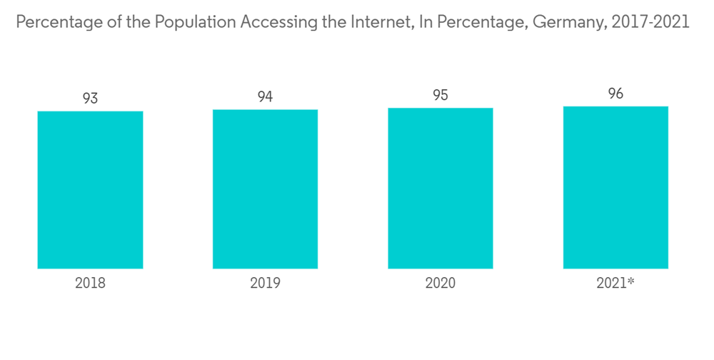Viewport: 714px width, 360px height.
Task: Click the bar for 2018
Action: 90,189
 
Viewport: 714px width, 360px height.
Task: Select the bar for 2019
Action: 265,189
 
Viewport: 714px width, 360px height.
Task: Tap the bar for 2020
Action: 441,188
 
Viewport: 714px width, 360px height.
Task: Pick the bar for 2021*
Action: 615,187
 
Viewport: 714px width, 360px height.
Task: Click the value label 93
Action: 90,99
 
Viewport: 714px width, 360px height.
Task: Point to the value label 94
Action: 265,97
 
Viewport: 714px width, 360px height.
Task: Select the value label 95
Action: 441,96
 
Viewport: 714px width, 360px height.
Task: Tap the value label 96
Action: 615,94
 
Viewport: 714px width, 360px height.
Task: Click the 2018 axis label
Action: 90,283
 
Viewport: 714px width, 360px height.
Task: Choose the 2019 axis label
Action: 265,283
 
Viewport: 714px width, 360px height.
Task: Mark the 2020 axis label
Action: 441,283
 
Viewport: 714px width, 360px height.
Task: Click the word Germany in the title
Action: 568,22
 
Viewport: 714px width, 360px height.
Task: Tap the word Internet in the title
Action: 377,22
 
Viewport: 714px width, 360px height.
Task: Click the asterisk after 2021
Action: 631,281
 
